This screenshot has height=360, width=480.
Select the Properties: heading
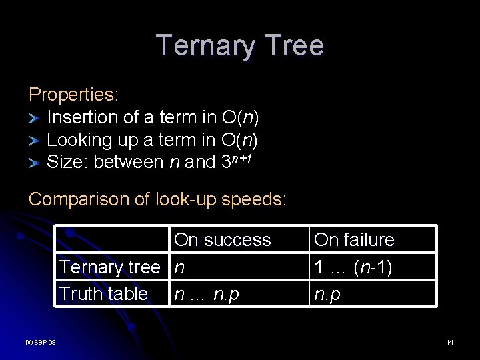coord(73,95)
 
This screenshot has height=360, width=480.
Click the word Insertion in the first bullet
coord(83,117)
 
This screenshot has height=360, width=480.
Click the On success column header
coord(222,239)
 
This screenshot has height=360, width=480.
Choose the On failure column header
coord(354,239)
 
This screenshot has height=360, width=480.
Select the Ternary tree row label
coord(109,267)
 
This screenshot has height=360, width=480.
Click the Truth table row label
coord(103,293)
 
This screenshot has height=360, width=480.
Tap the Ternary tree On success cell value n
coord(179,268)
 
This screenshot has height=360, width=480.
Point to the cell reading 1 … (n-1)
coord(353,267)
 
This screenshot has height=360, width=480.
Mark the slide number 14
coord(450,343)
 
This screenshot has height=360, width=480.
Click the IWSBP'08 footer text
coord(41,343)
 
